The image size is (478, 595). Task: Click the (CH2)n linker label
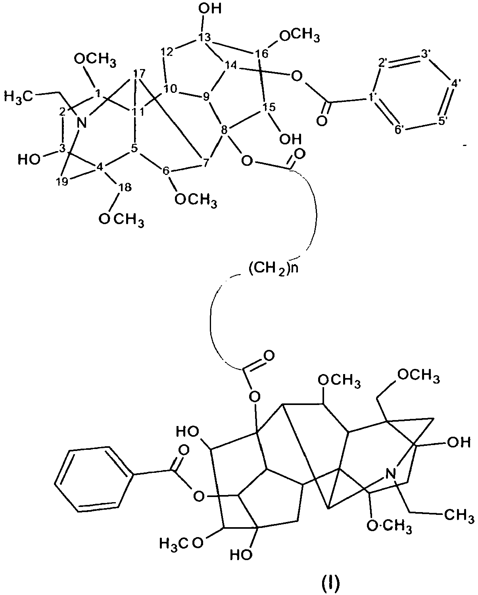pyautogui.click(x=274, y=268)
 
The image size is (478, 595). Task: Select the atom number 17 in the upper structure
pyautogui.click(x=139, y=73)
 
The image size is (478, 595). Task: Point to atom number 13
pyautogui.click(x=204, y=37)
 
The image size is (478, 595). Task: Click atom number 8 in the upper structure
pyautogui.click(x=224, y=129)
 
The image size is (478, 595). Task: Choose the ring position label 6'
pyautogui.click(x=399, y=130)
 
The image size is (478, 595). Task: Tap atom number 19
pyautogui.click(x=63, y=182)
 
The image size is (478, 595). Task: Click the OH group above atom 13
pyautogui.click(x=210, y=8)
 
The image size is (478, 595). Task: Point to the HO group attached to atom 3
pyautogui.click(x=29, y=159)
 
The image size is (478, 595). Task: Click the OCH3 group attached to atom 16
pyautogui.click(x=299, y=36)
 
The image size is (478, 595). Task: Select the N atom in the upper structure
pyautogui.click(x=82, y=123)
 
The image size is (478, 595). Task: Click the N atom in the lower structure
pyautogui.click(x=391, y=474)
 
